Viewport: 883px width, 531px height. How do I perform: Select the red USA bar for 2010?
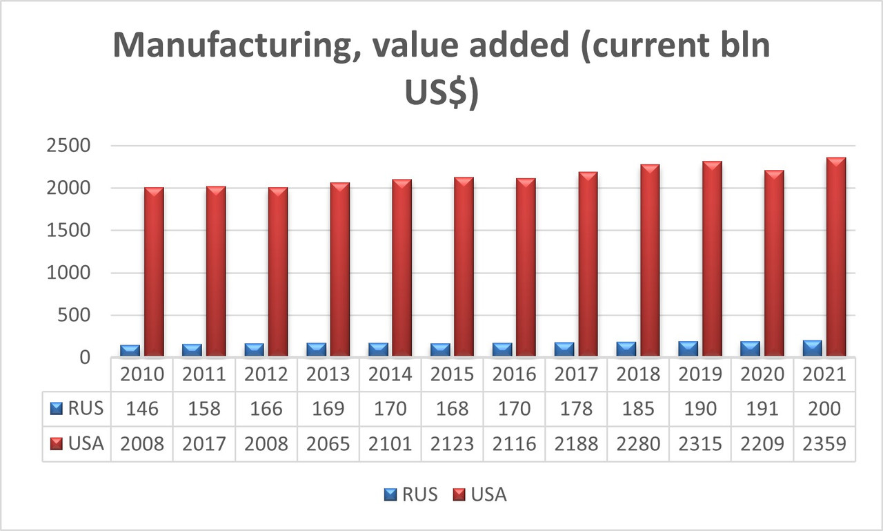[154, 272]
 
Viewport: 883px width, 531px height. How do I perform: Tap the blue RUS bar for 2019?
[688, 349]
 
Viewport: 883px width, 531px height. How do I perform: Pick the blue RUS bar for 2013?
[317, 349]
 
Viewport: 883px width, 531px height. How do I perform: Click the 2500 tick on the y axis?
[69, 146]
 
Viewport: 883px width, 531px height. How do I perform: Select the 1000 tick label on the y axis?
[69, 273]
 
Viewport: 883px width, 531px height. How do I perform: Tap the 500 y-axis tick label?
[76, 316]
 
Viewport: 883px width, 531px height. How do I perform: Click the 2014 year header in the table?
[390, 374]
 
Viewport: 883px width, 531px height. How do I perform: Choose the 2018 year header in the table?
[638, 374]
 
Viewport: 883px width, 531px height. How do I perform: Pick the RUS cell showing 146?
[142, 409]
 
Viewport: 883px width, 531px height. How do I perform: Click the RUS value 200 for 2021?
[824, 409]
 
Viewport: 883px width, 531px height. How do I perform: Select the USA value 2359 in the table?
[824, 443]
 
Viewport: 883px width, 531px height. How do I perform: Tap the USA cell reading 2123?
[453, 443]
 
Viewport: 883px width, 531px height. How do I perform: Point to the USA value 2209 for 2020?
[762, 443]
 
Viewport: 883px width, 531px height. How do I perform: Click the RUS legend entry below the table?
[410, 494]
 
